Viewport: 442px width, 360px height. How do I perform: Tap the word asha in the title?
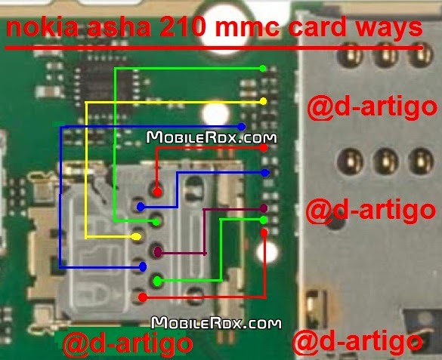(119, 28)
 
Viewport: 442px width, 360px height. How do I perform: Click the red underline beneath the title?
(214, 48)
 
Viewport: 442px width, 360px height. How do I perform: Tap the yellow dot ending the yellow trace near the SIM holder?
(263, 101)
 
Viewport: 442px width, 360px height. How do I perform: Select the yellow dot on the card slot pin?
(137, 236)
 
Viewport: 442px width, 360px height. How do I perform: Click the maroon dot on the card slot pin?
(158, 251)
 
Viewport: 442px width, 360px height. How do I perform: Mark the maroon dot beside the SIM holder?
(264, 208)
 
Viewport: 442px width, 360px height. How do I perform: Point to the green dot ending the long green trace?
(262, 68)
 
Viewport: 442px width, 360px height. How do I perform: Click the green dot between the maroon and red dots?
(263, 220)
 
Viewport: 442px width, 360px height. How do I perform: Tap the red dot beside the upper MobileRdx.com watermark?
(264, 148)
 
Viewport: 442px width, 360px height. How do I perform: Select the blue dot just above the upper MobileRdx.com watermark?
(241, 127)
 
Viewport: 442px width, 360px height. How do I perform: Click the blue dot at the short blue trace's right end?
(264, 173)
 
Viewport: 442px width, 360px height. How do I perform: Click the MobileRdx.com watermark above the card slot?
(212, 137)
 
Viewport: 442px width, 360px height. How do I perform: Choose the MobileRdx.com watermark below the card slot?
(216, 323)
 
